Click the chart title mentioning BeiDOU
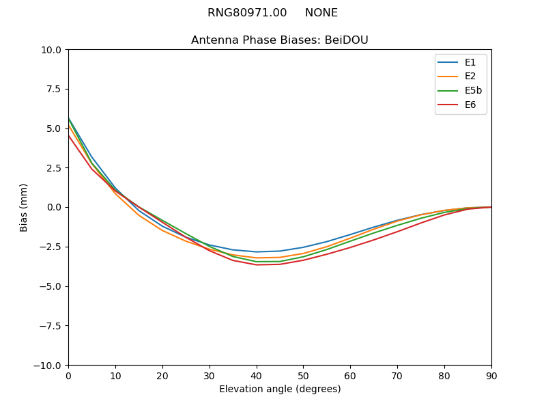279,40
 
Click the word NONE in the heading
321,13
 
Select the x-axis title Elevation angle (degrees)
279,389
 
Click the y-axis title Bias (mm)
24,207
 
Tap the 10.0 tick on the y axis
52,50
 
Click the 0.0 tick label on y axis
54,208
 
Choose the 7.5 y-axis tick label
54,90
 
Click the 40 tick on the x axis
256,376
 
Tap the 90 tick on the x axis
491,376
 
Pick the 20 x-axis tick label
162,376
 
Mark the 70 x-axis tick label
397,376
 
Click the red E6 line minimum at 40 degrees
256,265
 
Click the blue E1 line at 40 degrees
256,251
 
